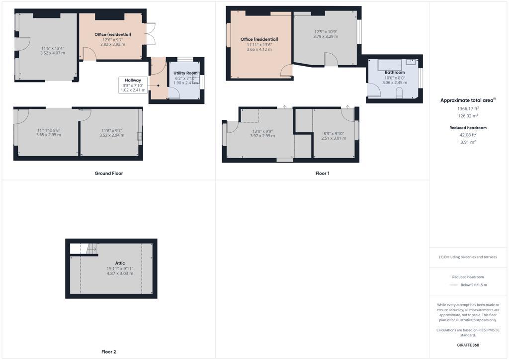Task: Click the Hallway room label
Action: (x=132, y=80)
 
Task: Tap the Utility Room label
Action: (x=185, y=73)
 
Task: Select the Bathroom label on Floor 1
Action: (x=395, y=72)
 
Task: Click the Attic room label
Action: (x=120, y=263)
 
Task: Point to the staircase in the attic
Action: (x=91, y=249)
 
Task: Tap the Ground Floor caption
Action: (x=109, y=174)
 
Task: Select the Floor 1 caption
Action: (x=322, y=174)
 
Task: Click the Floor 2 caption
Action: (x=108, y=352)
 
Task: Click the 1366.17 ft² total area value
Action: (x=468, y=108)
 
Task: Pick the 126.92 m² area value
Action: (x=468, y=116)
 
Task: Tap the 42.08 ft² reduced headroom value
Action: (x=468, y=134)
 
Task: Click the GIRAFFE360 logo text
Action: (x=468, y=345)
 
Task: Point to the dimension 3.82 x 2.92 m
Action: (x=113, y=44)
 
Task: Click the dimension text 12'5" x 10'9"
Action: (x=326, y=31)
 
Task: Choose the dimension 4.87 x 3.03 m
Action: (x=120, y=273)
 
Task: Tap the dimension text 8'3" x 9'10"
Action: (x=334, y=133)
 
